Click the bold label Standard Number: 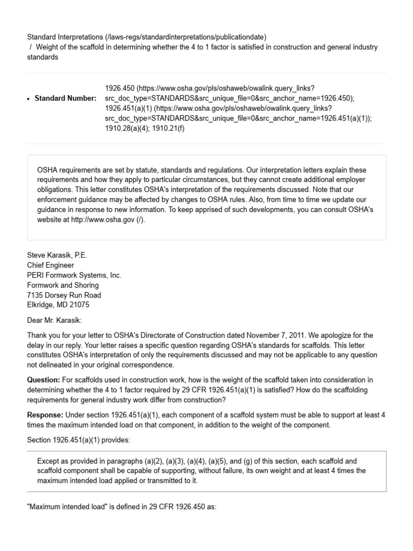pos(66,98)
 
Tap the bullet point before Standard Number pos(28,98)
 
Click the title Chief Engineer pos(51,265)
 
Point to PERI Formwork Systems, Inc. pos(74,275)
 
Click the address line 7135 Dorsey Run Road pos(64,295)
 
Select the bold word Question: pos(44,380)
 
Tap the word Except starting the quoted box pos(48,461)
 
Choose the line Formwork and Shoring pos(63,285)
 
